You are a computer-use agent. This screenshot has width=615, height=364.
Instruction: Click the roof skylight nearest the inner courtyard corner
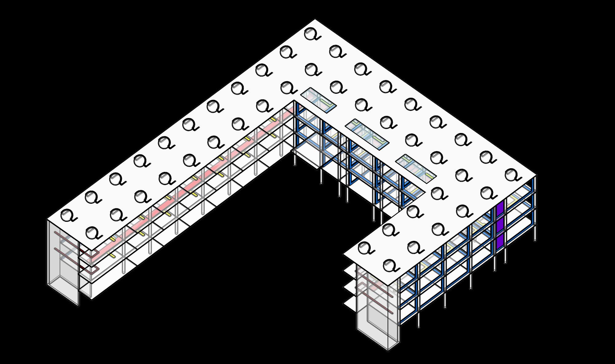[318, 100]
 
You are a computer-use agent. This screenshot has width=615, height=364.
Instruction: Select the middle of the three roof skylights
[367, 134]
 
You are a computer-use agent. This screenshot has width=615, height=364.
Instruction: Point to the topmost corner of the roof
[315, 20]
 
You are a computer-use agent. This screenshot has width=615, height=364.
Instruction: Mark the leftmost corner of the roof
[47, 219]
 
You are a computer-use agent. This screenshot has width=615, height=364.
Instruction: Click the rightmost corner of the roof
[536, 175]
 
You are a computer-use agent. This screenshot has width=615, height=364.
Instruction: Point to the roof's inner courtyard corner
[294, 100]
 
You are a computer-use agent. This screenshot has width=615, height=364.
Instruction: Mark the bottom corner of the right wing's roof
[399, 280]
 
